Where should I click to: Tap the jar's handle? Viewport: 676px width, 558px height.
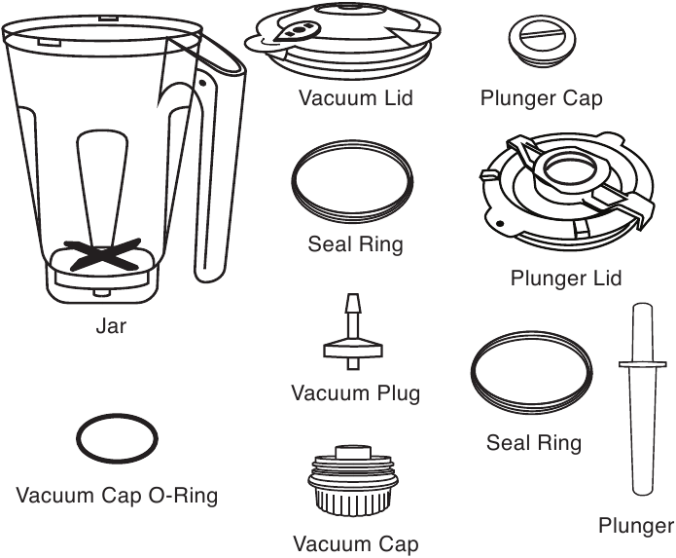pos(215,166)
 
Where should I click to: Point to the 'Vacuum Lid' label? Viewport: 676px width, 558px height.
pos(356,97)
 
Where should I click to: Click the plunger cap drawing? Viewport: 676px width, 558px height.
pos(538,38)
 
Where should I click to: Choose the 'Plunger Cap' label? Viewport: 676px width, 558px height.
pos(542,97)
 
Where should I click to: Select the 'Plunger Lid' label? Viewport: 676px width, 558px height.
pos(566,279)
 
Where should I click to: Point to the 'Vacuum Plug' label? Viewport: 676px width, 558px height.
pos(356,393)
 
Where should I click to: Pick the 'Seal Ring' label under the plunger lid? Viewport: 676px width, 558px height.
pos(534,443)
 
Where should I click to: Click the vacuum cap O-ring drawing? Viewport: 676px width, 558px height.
pos(117,440)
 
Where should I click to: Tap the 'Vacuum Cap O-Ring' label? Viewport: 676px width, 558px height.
pos(117,496)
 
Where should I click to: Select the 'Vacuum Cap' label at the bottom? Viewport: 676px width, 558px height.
pos(356,542)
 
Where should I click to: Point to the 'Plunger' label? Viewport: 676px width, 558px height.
pos(636,527)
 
